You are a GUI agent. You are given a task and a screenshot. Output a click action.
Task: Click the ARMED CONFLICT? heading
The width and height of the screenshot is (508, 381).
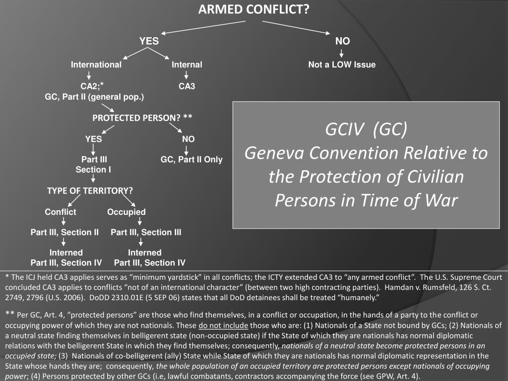point(254,9)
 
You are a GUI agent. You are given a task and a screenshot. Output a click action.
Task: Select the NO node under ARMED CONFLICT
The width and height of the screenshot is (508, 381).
point(342,41)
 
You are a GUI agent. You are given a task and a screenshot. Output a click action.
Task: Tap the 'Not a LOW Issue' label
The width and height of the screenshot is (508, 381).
point(342,64)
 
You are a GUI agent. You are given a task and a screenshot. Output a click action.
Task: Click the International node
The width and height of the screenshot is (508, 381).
point(96,64)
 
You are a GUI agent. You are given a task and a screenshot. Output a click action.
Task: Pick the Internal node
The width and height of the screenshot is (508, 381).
point(187,64)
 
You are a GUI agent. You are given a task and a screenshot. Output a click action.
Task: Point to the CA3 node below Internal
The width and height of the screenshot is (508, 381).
point(187,86)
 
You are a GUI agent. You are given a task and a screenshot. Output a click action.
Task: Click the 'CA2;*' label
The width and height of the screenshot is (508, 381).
point(92,86)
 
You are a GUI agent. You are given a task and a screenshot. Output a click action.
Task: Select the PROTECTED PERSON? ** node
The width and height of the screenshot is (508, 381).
point(142,118)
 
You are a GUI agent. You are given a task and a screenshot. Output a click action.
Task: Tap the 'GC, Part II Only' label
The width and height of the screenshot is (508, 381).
point(191,160)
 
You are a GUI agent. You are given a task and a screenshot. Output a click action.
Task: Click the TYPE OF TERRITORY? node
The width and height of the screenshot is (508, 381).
point(90,190)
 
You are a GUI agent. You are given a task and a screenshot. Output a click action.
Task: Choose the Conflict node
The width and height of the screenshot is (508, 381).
point(61,212)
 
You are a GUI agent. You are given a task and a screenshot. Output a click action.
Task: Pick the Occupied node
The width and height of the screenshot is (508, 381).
point(127,212)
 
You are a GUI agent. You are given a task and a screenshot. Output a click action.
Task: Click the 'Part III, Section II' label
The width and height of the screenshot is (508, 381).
point(64,232)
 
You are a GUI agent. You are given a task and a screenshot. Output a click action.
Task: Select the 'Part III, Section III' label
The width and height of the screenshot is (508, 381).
point(146,232)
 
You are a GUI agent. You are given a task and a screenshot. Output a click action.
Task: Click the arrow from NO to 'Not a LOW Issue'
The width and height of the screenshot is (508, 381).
point(342,53)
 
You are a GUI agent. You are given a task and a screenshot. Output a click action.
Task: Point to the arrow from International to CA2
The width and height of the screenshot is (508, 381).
point(88,75)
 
